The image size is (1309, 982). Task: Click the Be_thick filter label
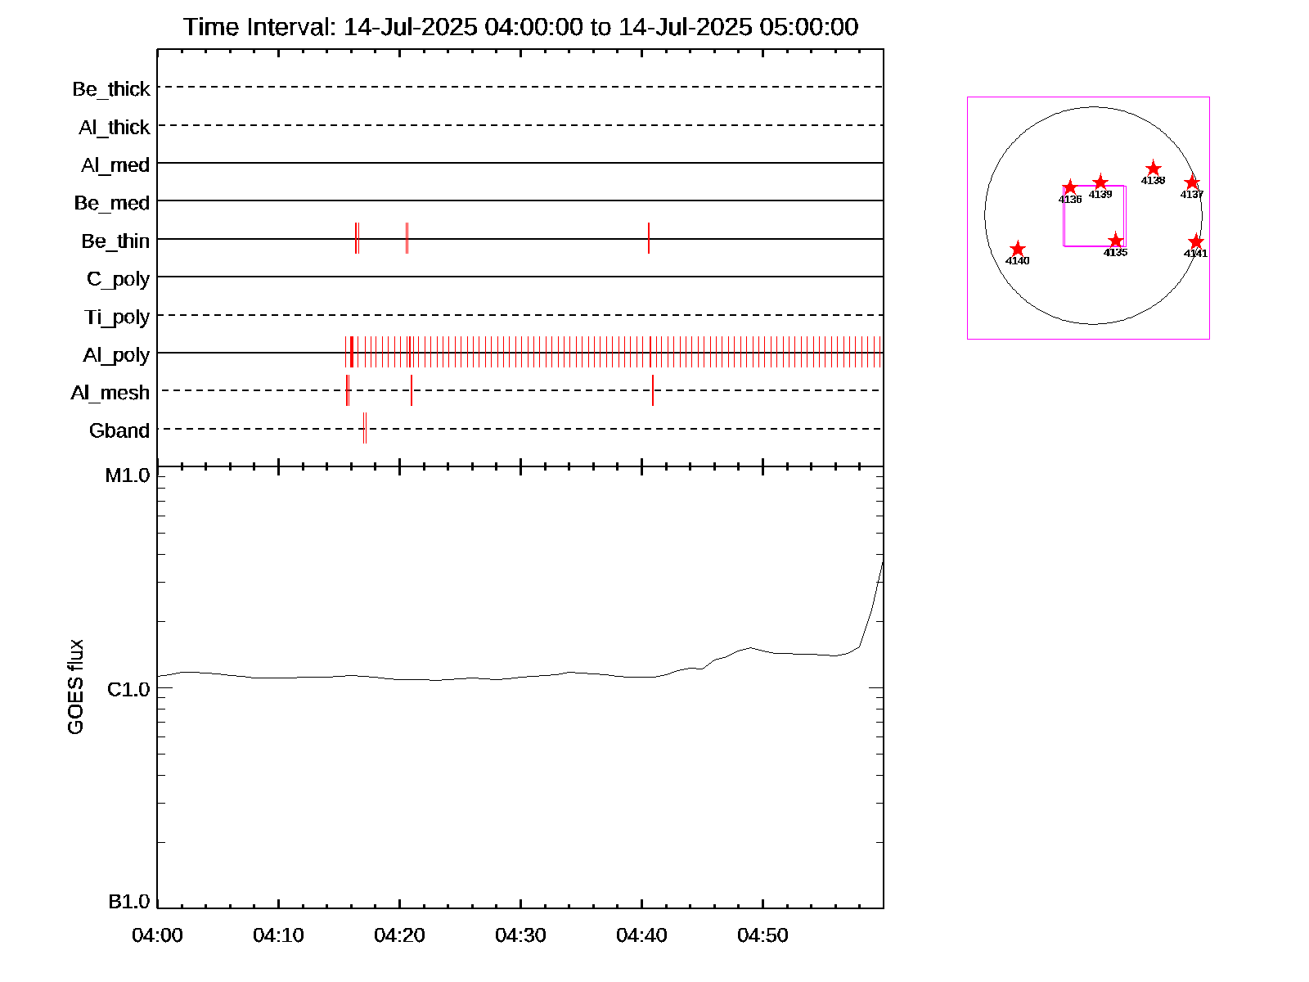111,89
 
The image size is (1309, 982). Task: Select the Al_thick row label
115,128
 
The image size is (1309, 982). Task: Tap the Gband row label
119,431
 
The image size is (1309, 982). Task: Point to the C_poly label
119,279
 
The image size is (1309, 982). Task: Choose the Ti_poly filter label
117,318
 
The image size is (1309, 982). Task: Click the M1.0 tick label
128,475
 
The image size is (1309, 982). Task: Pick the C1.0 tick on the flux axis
128,690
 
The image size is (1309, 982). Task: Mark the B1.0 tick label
129,902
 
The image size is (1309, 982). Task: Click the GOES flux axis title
75,687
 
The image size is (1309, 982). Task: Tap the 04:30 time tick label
520,935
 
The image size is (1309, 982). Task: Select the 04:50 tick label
762,935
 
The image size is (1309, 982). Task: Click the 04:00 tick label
157,935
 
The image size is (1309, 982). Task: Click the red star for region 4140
1017,249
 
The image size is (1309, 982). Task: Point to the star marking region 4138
1153,169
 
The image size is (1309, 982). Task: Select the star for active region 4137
1192,182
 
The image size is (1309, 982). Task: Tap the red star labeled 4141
1196,241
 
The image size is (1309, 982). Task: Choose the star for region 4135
1116,241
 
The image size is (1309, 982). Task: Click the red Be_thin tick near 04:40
649,238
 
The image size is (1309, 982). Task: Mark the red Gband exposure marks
365,428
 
